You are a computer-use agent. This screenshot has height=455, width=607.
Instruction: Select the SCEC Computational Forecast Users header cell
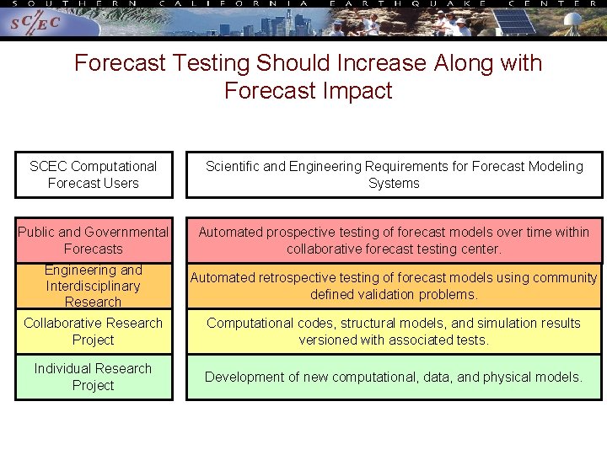94,174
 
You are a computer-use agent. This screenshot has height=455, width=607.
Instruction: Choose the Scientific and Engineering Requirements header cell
395,174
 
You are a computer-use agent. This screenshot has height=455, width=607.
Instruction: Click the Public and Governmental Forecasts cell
94,240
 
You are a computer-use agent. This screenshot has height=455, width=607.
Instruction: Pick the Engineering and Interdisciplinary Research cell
94,286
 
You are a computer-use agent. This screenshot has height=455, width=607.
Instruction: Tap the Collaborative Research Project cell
94,331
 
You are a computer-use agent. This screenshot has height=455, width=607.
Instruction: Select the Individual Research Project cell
94,377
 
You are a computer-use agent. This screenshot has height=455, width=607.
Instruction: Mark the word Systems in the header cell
394,183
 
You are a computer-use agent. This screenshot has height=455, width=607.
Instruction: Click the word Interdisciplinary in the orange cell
94,286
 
